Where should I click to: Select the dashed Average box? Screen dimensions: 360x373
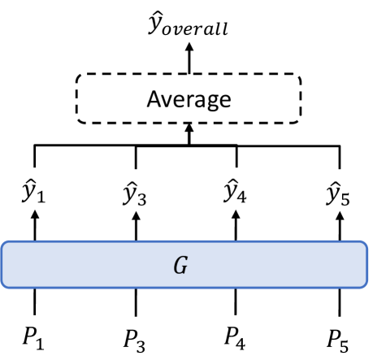188,99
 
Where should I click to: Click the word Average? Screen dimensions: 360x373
188,99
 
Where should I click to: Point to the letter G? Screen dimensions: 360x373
186,264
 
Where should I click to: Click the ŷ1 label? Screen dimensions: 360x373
35,194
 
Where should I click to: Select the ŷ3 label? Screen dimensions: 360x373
136,194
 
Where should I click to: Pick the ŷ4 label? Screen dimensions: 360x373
236,194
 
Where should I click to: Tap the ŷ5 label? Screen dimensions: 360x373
339,194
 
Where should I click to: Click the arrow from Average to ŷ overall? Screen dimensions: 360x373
188,59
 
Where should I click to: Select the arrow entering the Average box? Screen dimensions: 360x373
188,134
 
